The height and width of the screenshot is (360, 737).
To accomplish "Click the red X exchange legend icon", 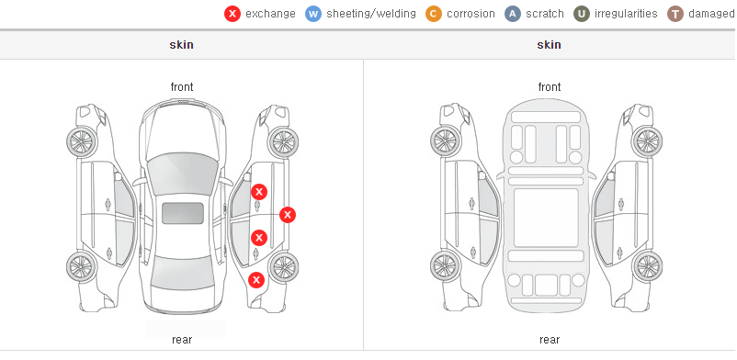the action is click(x=232, y=14).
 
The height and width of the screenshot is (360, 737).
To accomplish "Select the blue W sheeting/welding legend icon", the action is click(x=313, y=14).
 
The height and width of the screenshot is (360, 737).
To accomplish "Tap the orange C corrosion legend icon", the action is click(x=434, y=14).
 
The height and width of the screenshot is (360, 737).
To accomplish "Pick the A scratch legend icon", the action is click(x=513, y=14).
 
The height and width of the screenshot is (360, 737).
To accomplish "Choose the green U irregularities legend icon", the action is click(x=582, y=14).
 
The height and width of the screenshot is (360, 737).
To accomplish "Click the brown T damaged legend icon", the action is click(x=675, y=14).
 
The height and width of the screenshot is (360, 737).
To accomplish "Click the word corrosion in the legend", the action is click(x=471, y=14).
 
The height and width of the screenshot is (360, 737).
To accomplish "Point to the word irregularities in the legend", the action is click(x=626, y=14).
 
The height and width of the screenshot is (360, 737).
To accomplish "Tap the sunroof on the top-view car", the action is click(x=183, y=213).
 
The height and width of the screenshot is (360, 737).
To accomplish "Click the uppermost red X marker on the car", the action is click(x=259, y=192).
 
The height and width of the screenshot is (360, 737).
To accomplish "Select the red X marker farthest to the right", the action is click(x=288, y=215).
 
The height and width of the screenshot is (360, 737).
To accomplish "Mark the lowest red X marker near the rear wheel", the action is click(x=256, y=280).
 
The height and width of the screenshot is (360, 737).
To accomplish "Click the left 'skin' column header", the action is click(x=181, y=45).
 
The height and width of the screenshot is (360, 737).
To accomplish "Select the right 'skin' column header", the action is click(x=549, y=45).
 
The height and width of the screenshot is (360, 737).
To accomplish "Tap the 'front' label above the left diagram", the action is click(x=182, y=87).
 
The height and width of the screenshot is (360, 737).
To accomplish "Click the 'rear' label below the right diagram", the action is click(x=550, y=339).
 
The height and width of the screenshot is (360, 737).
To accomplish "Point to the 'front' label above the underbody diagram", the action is click(x=550, y=87).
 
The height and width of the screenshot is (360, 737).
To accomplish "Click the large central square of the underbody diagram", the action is click(x=546, y=218).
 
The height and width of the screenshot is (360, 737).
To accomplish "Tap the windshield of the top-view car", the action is click(x=182, y=174).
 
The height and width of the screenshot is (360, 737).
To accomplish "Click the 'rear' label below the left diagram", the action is click(x=182, y=339).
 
